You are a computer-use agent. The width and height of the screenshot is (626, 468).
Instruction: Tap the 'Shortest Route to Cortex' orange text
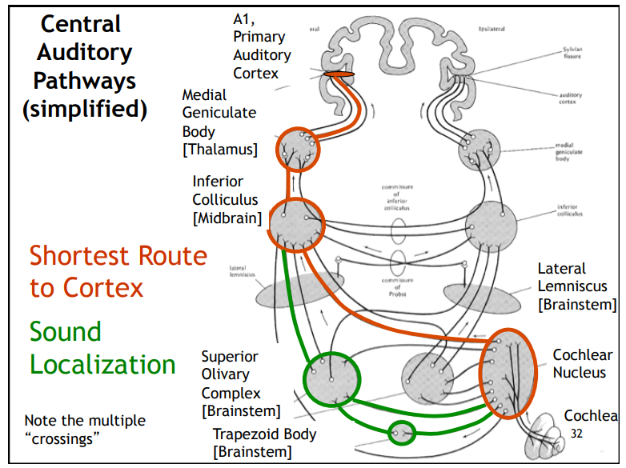pos(118,271)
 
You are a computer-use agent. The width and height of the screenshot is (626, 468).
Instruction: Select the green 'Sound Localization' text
pos(102,348)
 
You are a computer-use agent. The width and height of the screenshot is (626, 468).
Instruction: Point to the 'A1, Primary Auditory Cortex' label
pos(262,46)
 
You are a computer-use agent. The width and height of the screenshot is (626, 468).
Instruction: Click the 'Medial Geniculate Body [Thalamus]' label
pos(219,122)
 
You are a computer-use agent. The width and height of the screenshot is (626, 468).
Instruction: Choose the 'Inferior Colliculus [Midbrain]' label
pos(227,199)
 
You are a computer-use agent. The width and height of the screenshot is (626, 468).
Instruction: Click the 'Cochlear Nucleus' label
pos(582,362)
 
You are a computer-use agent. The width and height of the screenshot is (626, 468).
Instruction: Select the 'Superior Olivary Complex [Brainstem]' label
pos(240,384)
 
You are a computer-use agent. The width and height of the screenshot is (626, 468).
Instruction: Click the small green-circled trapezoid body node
pos(402,433)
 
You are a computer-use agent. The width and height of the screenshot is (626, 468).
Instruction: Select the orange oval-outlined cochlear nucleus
pos(505,373)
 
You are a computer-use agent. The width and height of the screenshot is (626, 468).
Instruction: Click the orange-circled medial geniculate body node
pos(297,149)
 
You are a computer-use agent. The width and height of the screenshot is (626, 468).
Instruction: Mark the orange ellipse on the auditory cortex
pos(339,74)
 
